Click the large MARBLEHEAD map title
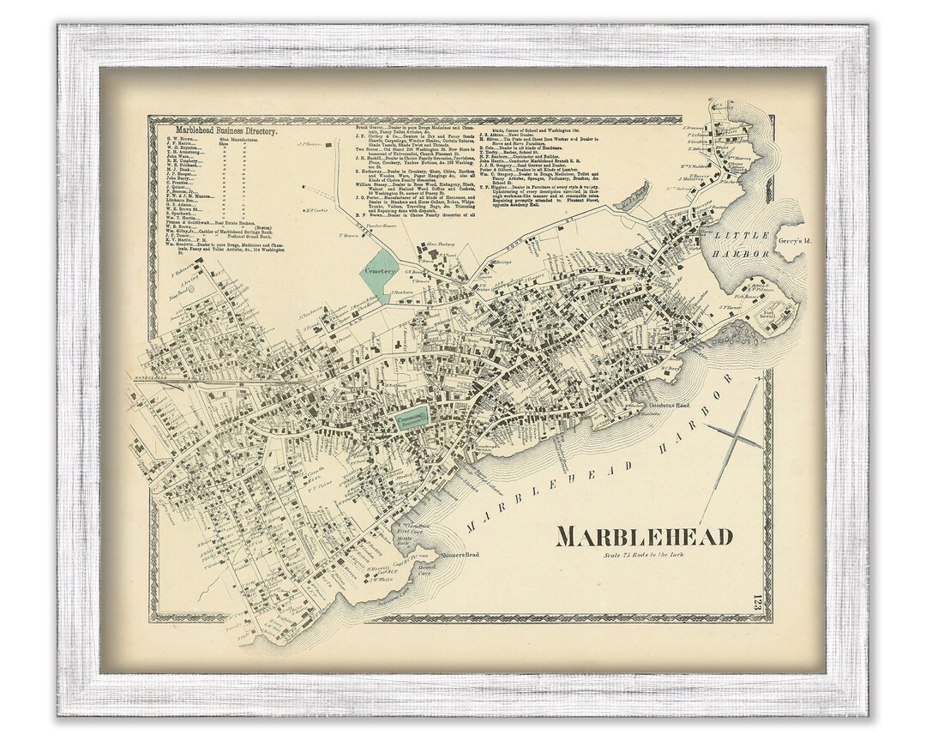point(645,537)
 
